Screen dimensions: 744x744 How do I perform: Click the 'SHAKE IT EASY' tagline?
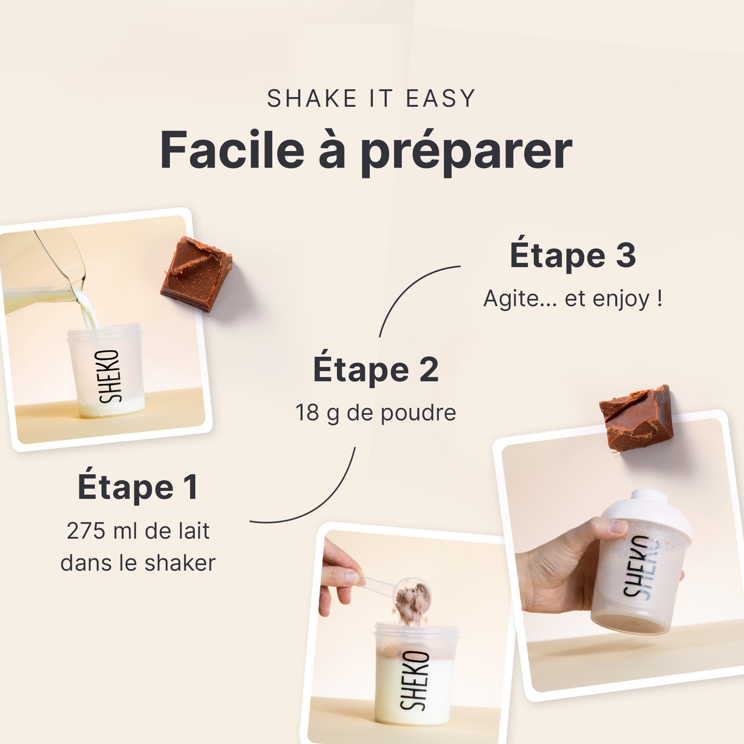(x=371, y=98)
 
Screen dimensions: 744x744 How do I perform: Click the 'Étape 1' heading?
(x=138, y=487)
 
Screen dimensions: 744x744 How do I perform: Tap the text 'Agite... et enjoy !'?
(x=573, y=299)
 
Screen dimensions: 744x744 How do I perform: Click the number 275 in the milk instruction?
(x=86, y=531)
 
